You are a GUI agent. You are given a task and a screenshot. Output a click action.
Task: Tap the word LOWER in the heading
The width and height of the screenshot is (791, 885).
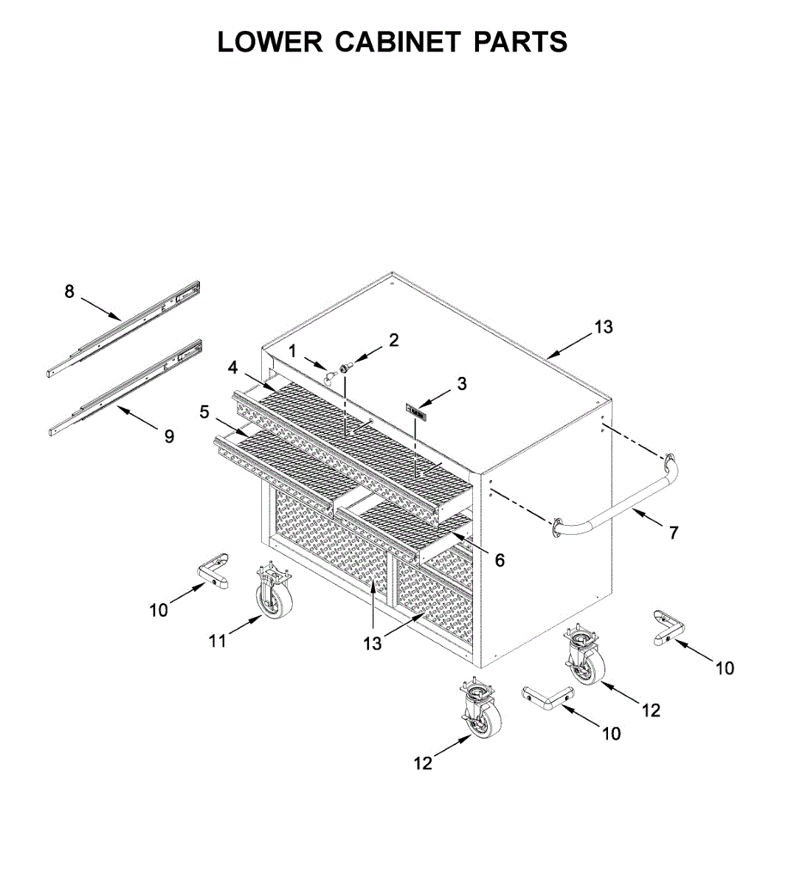coord(270,42)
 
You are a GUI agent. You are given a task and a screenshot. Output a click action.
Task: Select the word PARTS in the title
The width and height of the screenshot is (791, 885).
coord(520,42)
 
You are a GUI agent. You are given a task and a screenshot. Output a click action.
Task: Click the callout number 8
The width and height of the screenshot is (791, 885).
coord(69,291)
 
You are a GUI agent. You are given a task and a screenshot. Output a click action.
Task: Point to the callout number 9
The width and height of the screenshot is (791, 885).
coord(169,437)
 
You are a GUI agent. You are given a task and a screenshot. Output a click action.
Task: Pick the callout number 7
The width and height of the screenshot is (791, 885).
coord(673,532)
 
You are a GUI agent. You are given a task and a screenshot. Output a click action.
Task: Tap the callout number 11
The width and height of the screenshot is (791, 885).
coord(217,641)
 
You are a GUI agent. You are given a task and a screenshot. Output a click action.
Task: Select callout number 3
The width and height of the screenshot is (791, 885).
coord(461,383)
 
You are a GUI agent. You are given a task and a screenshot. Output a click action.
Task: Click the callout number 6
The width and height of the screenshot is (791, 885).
coord(500,560)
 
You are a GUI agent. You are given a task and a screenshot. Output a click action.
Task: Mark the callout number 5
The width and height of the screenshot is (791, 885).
coord(205,412)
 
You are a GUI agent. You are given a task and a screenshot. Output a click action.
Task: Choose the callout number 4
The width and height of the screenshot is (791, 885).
coord(233,367)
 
